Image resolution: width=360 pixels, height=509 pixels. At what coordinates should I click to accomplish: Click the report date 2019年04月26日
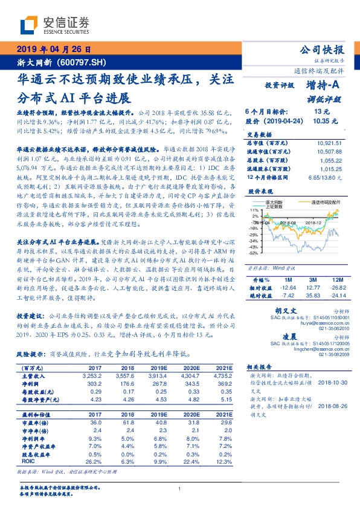53,50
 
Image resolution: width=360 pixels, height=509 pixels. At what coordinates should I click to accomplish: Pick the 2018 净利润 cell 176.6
112,383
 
